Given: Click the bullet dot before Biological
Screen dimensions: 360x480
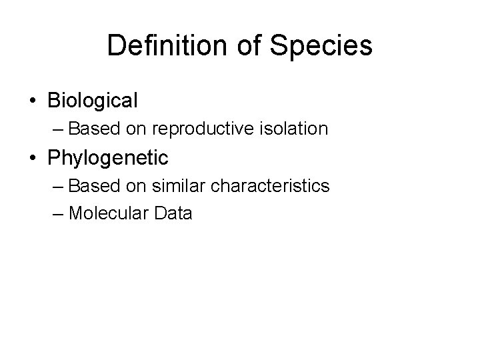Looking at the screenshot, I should coord(33,101).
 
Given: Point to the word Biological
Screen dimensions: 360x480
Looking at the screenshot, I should coord(93,101).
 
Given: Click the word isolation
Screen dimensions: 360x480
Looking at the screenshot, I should coord(295,128).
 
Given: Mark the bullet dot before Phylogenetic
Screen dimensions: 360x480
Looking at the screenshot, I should coord(33,159).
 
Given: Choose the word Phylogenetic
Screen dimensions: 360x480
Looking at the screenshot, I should coord(108,159).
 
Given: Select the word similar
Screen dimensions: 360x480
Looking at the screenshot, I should coord(171,185).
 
